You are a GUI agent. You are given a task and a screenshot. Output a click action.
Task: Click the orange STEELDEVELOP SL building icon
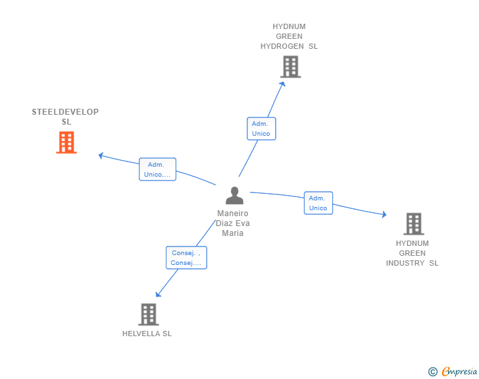[66, 142]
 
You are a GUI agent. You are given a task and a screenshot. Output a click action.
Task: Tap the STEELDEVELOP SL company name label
[66, 117]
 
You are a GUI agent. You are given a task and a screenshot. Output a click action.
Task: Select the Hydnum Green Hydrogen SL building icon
[290, 67]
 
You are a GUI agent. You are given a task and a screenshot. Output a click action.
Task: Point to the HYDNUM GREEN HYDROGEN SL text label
[289, 37]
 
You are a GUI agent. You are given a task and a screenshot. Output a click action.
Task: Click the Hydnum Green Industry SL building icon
[413, 224]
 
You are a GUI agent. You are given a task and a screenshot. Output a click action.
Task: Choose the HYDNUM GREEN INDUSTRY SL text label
[412, 253]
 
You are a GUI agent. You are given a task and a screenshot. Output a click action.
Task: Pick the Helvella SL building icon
[149, 314]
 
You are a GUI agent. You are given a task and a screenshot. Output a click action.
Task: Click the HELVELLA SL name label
[147, 334]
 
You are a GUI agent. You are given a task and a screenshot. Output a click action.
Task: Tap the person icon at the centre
[234, 196]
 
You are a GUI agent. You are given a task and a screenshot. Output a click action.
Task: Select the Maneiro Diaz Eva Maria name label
[233, 223]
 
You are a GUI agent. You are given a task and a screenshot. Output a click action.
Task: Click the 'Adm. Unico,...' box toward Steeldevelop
[157, 169]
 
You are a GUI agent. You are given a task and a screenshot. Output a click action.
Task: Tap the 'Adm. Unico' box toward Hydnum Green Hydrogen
[261, 129]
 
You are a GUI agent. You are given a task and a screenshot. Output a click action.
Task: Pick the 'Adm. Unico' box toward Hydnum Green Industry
[318, 203]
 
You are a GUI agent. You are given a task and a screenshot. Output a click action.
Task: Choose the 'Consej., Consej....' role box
[186, 258]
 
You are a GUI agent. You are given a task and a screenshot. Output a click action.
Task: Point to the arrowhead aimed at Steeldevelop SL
[101, 156]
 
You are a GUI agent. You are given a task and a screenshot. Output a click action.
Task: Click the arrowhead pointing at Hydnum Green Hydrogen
[283, 84]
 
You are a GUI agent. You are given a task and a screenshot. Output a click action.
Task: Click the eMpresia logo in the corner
[459, 372]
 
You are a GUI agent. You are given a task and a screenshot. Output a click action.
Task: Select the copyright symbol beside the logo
[432, 372]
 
